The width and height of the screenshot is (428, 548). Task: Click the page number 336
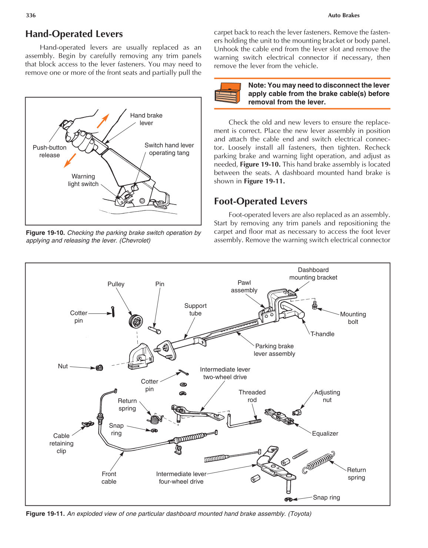[31, 15]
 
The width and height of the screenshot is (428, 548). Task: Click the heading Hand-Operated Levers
[74, 34]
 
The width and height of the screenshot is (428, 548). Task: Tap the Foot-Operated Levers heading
[260, 201]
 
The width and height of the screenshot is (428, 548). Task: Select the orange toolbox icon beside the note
[227, 93]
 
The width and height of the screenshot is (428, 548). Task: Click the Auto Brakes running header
[344, 15]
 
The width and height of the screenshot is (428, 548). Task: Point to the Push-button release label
[50, 151]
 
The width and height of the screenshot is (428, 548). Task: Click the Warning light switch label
[83, 180]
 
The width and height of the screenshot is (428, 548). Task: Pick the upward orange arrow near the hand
[103, 121]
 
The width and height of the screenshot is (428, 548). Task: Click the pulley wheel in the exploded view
[136, 321]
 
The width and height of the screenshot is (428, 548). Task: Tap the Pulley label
[116, 284]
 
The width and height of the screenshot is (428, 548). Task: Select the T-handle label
[322, 334]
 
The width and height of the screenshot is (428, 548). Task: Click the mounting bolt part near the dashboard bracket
[315, 305]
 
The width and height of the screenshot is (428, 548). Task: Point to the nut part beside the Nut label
[99, 368]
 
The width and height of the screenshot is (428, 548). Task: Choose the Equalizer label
[325, 434]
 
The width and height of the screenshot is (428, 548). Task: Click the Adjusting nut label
[327, 396]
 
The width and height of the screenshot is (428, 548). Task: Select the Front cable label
[109, 478]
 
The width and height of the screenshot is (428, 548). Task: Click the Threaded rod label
[252, 396]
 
